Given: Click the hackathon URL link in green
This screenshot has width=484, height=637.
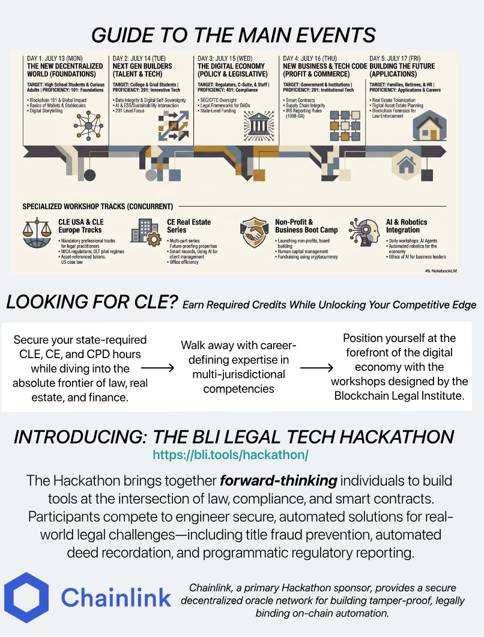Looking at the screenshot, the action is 231,454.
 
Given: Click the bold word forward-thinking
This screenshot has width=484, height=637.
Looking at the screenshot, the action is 278,481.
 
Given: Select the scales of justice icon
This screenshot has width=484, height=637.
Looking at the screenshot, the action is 37,233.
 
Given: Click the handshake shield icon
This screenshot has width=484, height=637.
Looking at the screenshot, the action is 254,233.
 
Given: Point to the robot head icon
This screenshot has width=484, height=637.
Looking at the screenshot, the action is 364,233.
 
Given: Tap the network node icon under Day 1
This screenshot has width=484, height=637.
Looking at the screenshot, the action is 88,125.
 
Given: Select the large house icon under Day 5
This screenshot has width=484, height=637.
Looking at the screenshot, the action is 429,126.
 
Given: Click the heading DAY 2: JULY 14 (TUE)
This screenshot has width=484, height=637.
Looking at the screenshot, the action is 139,58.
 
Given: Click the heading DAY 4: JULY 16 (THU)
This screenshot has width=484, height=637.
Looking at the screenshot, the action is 310,58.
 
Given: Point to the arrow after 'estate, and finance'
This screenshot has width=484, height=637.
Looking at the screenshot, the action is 157,368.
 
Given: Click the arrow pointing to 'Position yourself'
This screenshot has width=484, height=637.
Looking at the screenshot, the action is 316,368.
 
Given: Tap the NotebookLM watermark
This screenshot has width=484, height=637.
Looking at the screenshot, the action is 441,270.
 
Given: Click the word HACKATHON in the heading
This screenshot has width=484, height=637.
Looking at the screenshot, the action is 396,437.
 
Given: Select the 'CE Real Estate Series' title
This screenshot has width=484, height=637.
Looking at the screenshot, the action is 189,226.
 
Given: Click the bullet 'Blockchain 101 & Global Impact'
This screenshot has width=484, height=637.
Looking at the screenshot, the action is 57,100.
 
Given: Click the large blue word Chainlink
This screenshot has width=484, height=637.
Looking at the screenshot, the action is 116,597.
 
